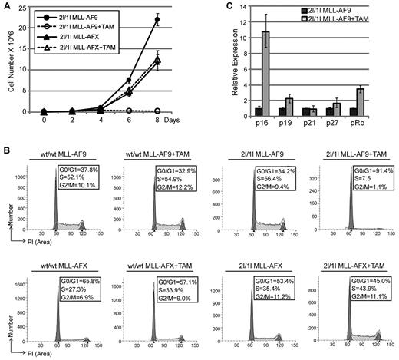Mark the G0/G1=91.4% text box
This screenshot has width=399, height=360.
356,158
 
